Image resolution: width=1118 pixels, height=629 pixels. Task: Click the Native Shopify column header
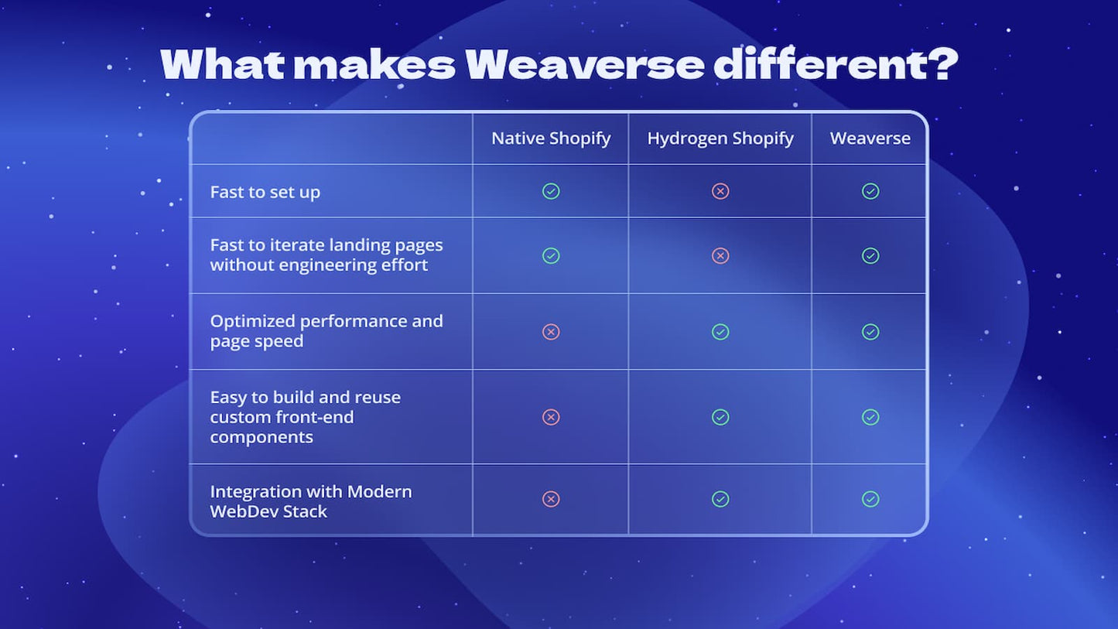551,138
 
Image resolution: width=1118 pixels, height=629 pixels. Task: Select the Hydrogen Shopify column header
720,138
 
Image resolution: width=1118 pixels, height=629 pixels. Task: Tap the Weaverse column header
870,138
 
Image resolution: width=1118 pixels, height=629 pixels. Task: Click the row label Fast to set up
265,192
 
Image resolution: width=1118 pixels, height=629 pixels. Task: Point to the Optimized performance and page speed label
326,331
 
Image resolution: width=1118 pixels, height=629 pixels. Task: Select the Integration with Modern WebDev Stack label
310,501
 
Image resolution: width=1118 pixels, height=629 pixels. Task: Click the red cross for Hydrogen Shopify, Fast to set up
720,191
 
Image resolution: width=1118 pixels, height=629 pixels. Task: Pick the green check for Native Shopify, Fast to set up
551,191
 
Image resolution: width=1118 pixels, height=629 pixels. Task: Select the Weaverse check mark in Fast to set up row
870,191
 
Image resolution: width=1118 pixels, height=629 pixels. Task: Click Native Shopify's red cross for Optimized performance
551,332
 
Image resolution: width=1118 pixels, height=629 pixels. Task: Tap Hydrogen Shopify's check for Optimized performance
720,332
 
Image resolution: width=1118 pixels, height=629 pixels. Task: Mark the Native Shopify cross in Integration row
551,499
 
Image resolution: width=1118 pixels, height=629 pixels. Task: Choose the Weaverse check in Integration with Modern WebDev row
870,499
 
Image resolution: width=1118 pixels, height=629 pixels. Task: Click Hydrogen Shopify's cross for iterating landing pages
720,255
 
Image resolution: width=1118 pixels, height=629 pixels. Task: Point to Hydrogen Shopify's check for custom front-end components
720,417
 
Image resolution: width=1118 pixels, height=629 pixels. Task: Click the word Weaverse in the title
584,65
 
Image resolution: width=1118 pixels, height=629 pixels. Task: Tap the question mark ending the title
942,64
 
